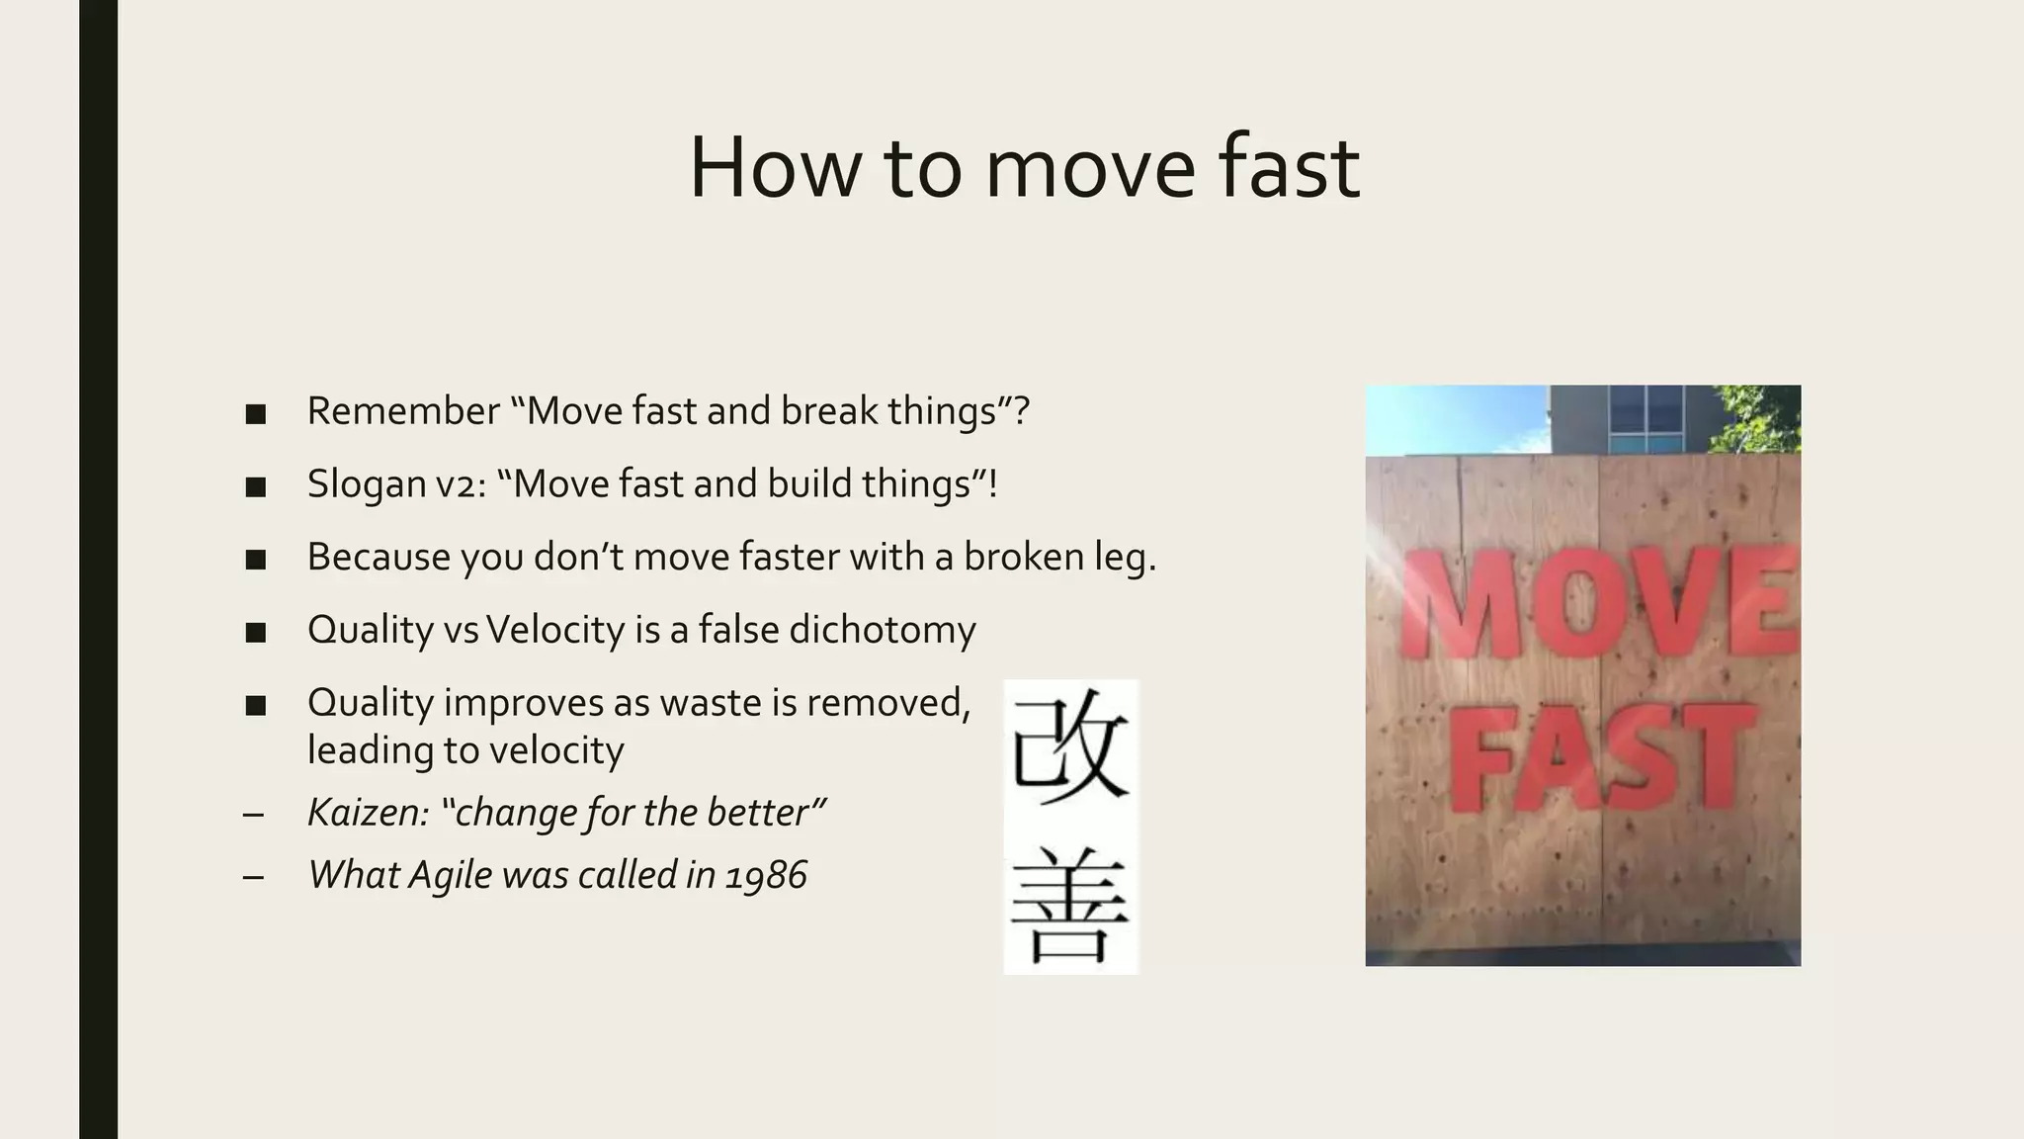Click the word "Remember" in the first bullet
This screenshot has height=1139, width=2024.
[x=403, y=410]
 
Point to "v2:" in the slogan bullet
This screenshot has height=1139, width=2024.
[x=462, y=483]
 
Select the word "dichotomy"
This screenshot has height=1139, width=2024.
[x=882, y=630]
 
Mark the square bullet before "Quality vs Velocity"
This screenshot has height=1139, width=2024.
[x=256, y=632]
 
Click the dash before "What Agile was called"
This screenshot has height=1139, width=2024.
[x=253, y=876]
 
